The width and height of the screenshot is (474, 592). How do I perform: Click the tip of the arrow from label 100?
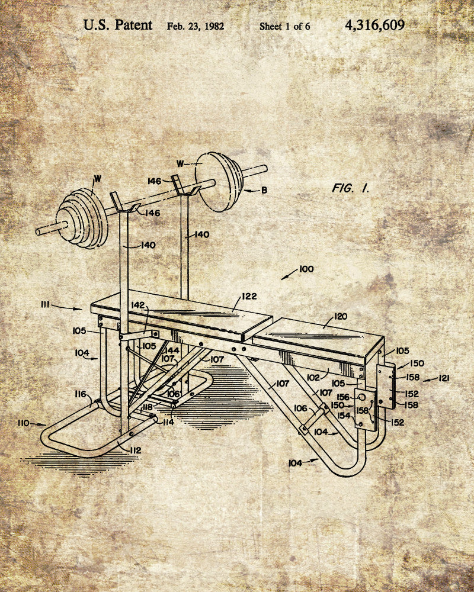(x=281, y=279)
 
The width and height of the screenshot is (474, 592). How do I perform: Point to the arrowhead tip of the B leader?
(x=243, y=190)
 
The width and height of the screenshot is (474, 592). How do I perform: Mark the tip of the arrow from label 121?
(x=422, y=381)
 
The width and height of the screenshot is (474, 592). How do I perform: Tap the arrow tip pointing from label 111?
(x=82, y=310)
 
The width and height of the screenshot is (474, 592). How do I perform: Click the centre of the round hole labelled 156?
(x=362, y=397)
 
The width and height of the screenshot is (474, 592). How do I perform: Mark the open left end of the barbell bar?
(x=38, y=231)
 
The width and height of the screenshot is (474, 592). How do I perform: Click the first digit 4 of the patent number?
(x=349, y=25)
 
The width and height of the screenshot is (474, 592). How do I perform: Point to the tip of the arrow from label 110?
(x=46, y=424)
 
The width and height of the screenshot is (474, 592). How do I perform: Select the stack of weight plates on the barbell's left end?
(x=82, y=218)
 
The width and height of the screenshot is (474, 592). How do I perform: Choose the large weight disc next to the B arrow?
(x=219, y=182)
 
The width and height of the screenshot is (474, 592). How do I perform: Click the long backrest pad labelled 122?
(x=181, y=316)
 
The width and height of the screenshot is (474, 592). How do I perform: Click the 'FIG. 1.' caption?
(x=350, y=188)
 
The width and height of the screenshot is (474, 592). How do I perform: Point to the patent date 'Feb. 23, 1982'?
(x=196, y=27)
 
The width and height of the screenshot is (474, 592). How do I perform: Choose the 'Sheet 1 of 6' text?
(x=284, y=27)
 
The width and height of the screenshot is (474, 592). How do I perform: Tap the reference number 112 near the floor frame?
(x=134, y=450)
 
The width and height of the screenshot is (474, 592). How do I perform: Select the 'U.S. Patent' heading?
(x=118, y=25)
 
